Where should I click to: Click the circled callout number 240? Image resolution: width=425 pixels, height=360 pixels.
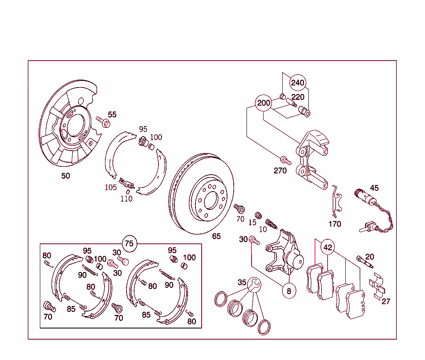coord(298,83)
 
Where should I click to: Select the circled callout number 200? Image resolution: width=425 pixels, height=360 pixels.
coord(264,103)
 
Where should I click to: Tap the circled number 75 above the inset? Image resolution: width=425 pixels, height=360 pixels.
coord(129,243)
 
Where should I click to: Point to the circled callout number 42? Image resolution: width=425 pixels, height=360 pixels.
coord(328,248)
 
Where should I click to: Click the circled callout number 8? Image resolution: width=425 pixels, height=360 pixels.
coord(289,291)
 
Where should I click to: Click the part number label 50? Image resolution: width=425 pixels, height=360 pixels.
coord(66,176)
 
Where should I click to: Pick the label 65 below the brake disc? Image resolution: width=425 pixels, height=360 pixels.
coord(216,236)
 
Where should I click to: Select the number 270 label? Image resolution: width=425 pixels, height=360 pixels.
coord(280,170)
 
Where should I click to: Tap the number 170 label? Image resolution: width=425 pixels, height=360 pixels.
coord(335,224)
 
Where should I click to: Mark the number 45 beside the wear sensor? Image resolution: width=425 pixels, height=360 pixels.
coord(374,188)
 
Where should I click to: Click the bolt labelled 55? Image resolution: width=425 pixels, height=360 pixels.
coord(103,122)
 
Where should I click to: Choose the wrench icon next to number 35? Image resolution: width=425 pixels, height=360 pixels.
coord(254,285)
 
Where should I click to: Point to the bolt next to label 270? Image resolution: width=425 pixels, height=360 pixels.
coord(285,159)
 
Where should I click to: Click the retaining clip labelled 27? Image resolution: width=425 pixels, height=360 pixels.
coord(376,286)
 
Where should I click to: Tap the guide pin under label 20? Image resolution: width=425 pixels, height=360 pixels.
coord(364,262)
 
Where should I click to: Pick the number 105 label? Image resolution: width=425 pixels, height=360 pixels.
coord(110,187)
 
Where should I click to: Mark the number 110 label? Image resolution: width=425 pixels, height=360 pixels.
coord(126,199)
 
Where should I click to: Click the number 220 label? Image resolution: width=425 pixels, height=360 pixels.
coord(298,97)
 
